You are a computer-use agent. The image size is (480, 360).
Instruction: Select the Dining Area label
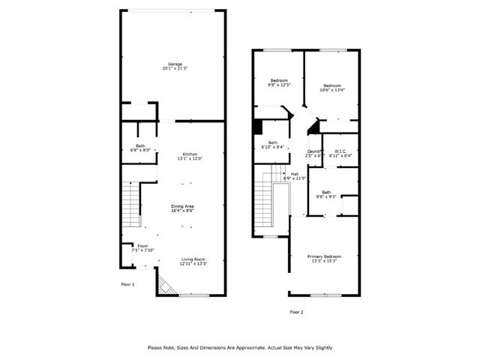click(182, 208)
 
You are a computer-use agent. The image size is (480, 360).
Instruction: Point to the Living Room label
click(193, 262)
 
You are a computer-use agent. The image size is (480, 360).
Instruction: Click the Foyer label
click(142, 248)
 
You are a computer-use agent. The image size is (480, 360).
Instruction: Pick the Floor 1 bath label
click(140, 148)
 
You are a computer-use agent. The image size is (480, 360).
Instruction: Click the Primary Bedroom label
click(322, 259)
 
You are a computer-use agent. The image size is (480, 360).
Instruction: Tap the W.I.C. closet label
click(340, 154)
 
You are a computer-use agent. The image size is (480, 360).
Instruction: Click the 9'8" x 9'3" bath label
click(326, 194)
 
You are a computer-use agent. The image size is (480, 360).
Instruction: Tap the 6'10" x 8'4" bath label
click(273, 145)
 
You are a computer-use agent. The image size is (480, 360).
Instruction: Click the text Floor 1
click(128, 285)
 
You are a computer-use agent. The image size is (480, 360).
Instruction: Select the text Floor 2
click(296, 311)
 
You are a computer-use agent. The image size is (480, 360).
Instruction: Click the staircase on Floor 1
click(131, 205)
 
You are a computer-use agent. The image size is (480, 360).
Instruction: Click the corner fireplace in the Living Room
click(164, 286)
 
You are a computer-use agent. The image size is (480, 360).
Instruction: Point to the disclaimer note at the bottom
click(240, 347)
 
